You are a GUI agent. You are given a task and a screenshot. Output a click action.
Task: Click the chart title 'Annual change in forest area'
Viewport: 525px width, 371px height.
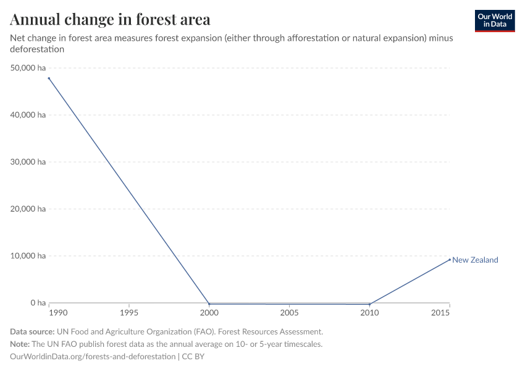110,20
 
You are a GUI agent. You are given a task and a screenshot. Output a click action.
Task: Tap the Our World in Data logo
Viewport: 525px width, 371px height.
494,20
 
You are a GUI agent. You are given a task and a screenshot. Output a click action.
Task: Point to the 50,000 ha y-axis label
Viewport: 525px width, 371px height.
28,68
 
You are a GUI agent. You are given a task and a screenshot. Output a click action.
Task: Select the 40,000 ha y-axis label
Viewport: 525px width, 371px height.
28,115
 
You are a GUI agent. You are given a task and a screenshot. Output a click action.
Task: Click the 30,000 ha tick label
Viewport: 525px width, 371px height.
28,162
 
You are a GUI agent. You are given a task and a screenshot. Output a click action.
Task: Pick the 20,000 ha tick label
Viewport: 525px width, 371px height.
28,209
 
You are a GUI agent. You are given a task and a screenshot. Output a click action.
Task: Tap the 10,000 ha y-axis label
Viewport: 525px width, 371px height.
28,256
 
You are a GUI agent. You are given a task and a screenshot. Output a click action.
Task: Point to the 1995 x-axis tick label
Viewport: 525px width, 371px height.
128,314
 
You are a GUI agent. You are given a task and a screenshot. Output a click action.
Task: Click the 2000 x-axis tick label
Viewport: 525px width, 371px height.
209,314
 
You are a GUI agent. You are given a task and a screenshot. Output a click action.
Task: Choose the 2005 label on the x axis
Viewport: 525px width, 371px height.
289,314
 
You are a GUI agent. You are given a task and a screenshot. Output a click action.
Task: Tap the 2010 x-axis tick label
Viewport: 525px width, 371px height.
369,314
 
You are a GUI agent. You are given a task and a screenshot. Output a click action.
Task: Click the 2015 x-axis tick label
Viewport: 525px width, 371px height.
449,314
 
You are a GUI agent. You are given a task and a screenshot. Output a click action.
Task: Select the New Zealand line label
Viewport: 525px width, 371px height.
475,260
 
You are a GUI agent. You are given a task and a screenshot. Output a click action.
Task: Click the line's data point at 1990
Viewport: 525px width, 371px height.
49,78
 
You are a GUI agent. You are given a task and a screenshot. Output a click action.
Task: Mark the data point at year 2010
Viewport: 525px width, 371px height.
369,304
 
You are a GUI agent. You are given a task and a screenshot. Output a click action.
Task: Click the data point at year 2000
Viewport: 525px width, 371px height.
209,304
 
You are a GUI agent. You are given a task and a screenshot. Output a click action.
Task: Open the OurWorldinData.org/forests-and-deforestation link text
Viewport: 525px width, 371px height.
93,357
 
